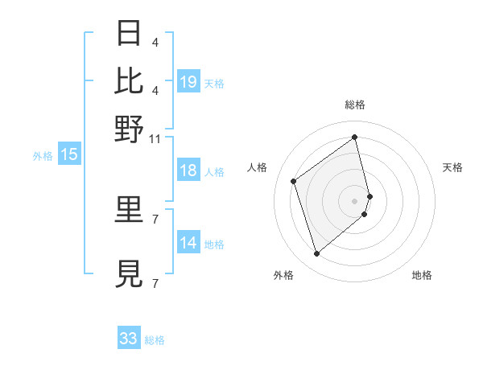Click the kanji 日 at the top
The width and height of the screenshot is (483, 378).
(x=130, y=34)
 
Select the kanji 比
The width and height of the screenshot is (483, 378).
(x=130, y=81)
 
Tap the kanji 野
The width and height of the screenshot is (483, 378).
(x=130, y=128)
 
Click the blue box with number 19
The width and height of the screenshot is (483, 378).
(x=188, y=82)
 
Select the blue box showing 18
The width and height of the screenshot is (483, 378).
(x=188, y=171)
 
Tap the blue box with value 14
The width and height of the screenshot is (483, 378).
(x=188, y=244)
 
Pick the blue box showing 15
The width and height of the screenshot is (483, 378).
(x=69, y=155)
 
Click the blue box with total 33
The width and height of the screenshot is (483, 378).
(x=129, y=339)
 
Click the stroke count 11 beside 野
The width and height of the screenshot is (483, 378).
(x=155, y=139)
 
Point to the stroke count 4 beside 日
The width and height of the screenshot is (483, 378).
(x=155, y=42)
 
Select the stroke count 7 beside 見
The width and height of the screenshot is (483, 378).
(x=155, y=283)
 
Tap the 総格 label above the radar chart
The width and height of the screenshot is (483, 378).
(x=355, y=105)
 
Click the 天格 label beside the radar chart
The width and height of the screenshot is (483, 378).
(x=453, y=167)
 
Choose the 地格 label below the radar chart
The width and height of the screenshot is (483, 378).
(x=422, y=275)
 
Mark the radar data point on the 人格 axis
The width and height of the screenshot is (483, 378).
(x=294, y=181)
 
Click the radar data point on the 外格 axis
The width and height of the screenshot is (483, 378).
(x=316, y=254)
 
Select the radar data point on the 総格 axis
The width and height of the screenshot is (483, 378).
(x=355, y=137)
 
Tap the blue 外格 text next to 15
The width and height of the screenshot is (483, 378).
(x=43, y=156)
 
